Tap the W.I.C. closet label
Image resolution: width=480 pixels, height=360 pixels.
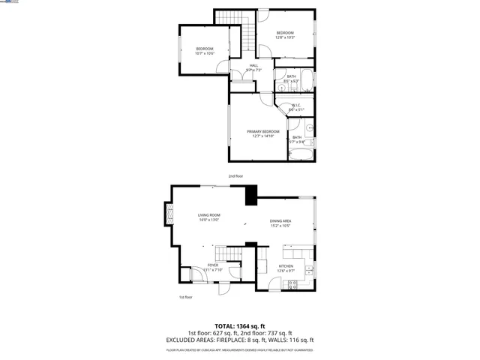click(295, 106)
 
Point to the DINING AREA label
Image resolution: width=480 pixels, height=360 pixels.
click(281, 220)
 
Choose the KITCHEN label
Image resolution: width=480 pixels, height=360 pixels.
click(286, 266)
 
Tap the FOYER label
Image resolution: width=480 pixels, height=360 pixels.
click(213, 265)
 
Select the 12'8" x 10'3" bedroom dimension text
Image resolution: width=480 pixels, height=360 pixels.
click(285, 37)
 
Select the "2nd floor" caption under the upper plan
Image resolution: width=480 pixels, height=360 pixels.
click(236, 176)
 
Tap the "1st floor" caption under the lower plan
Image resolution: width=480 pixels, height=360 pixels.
click(186, 297)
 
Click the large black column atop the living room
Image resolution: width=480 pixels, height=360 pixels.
click(250, 194)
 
